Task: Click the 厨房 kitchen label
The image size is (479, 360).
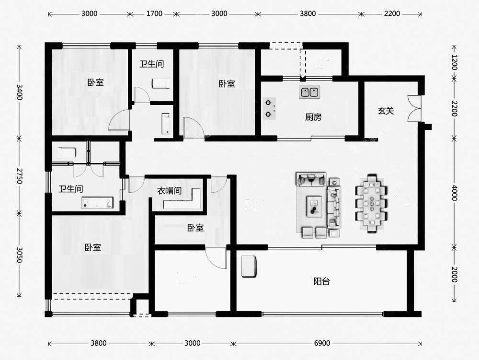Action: [x=313, y=117]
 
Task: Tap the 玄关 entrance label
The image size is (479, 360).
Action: [x=386, y=111]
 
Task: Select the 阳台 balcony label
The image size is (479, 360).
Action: [x=322, y=281]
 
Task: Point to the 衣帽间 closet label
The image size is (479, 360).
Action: [x=169, y=191]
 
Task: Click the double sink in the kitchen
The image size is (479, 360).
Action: [x=309, y=92]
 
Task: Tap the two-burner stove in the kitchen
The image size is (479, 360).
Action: [x=269, y=108]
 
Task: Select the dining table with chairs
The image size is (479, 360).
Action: [x=372, y=204]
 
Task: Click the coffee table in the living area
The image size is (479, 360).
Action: [x=314, y=206]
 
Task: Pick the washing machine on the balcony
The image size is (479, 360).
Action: [x=249, y=267]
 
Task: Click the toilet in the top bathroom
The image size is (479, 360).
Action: [x=161, y=83]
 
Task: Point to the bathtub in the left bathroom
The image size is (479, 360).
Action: [x=97, y=203]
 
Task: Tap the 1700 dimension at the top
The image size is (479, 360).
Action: [x=154, y=14]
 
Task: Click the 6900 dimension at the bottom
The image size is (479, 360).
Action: [x=322, y=343]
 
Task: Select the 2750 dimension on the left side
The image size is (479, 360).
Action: [x=19, y=175]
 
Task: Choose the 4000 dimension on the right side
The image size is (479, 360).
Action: [x=454, y=193]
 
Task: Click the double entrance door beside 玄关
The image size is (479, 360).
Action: [x=414, y=108]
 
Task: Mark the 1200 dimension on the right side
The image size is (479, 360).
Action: [x=454, y=62]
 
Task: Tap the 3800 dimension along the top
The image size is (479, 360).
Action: [x=308, y=14]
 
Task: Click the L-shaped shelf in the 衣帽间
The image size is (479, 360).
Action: [x=182, y=199]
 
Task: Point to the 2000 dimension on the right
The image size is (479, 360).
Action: [x=454, y=274]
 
